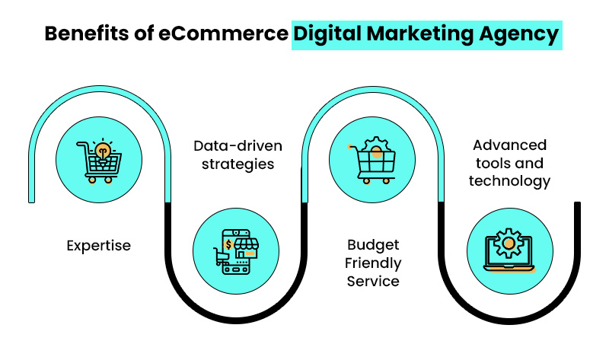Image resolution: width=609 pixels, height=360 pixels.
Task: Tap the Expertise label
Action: click(98, 245)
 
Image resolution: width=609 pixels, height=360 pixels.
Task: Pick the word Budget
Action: click(372, 245)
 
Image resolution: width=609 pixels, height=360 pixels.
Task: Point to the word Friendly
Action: click(372, 263)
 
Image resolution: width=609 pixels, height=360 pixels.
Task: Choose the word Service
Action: click(372, 282)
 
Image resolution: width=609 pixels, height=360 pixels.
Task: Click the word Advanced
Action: click(509, 145)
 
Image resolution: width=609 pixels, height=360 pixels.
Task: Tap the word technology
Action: click(509, 181)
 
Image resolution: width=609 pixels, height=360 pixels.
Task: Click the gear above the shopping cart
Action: click(374, 146)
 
